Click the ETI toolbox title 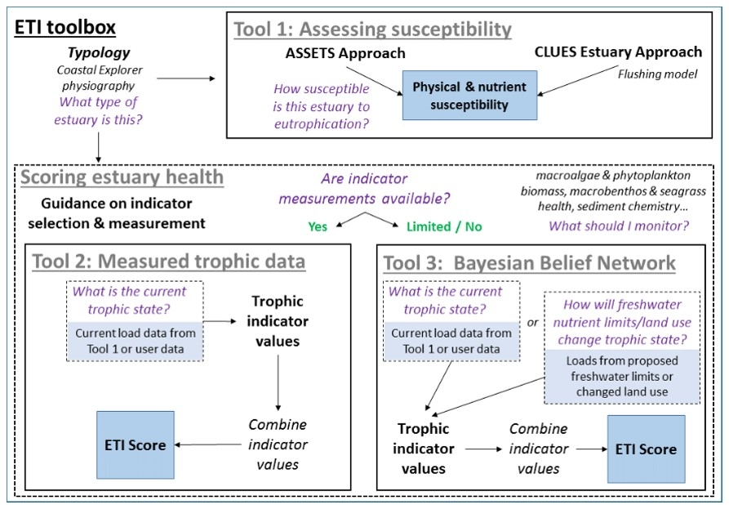pyautogui.click(x=65, y=27)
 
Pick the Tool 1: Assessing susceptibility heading pyautogui.click(x=372, y=30)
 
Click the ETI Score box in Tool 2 pyautogui.click(x=136, y=445)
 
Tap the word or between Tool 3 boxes pyautogui.click(x=531, y=323)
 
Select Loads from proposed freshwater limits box pyautogui.click(x=623, y=375)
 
